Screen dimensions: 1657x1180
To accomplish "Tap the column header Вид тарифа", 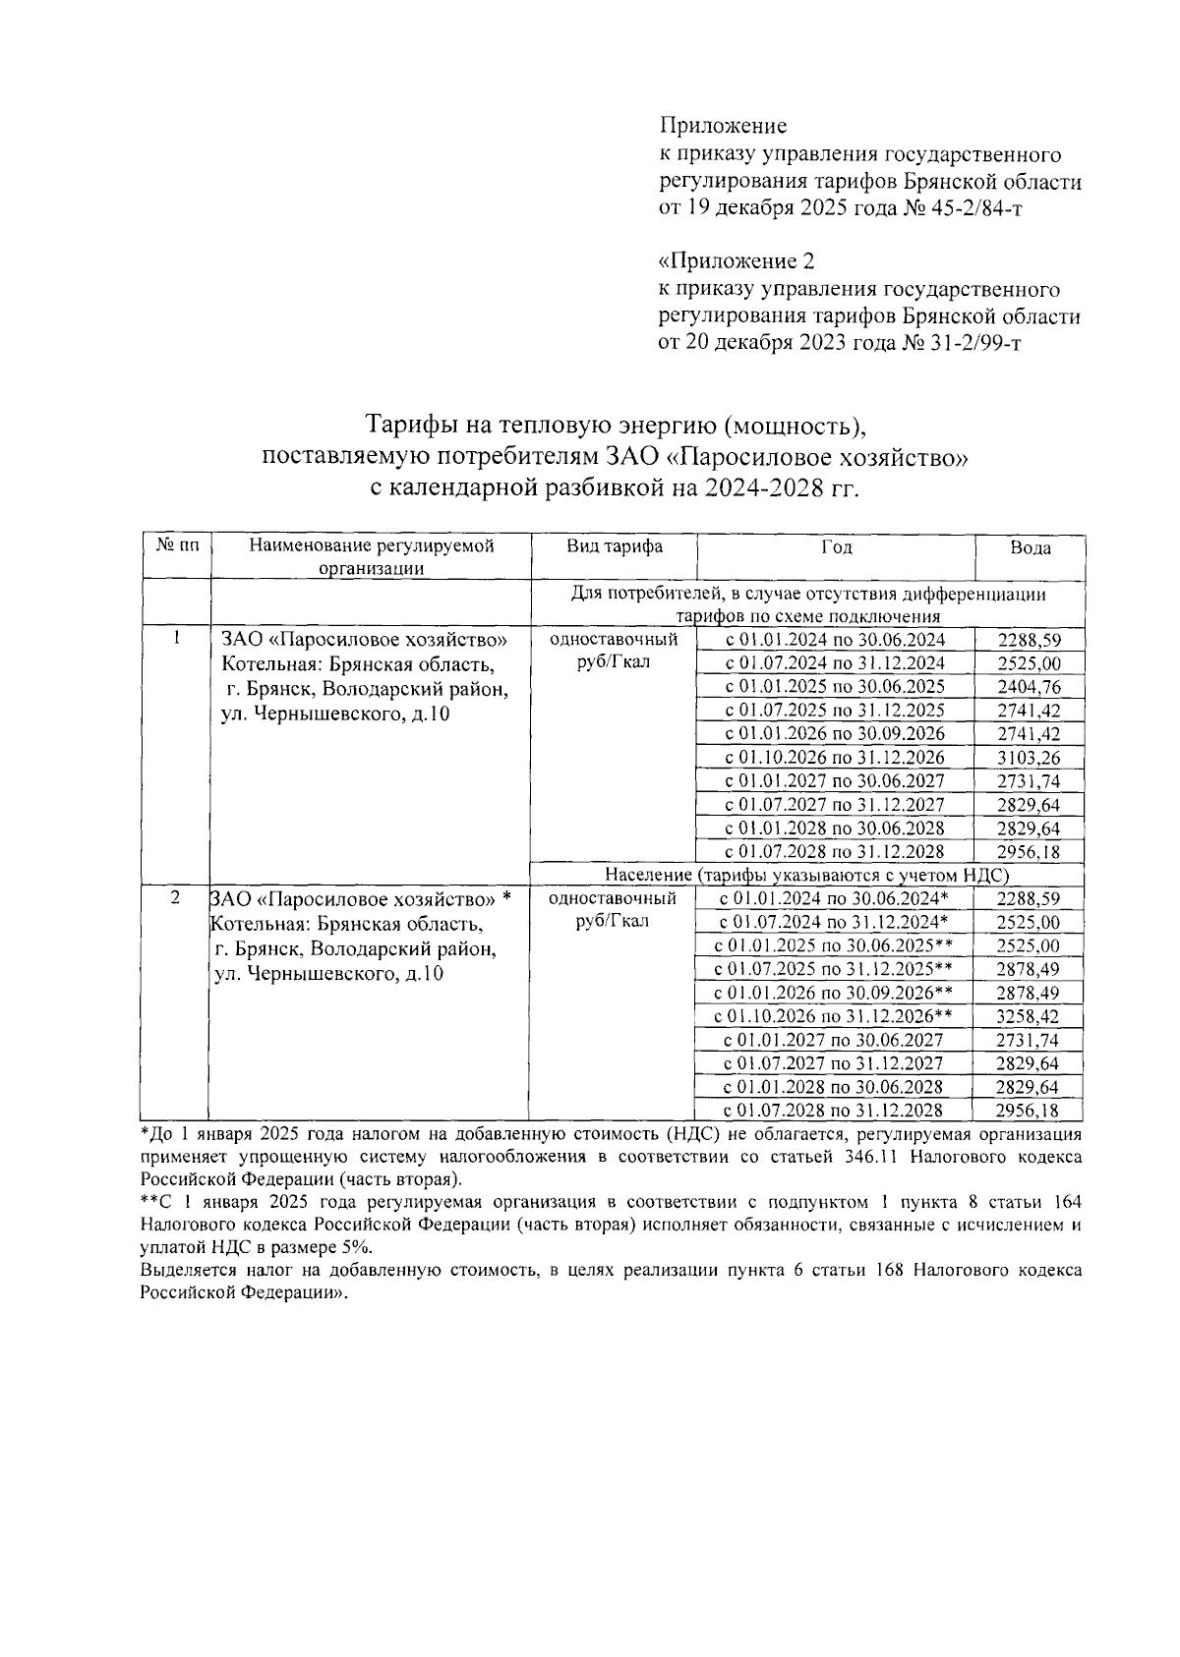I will click(x=615, y=546).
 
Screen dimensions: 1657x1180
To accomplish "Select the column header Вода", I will click(x=1030, y=548).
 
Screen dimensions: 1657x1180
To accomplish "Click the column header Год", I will click(x=836, y=546).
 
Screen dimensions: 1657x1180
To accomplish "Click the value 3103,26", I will click(x=1028, y=758).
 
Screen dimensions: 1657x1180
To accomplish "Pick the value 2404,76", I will click(x=1028, y=687).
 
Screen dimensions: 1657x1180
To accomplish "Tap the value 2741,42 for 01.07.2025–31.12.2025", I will click(x=1028, y=711).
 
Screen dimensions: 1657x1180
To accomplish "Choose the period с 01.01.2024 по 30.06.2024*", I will click(x=833, y=898).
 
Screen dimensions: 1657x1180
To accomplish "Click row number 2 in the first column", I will click(x=175, y=898).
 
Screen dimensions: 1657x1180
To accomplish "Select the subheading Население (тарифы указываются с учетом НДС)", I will click(x=807, y=875).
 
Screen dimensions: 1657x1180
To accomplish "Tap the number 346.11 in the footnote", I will click(x=871, y=1158).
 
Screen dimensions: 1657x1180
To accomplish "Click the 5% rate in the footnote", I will click(x=354, y=1247).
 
